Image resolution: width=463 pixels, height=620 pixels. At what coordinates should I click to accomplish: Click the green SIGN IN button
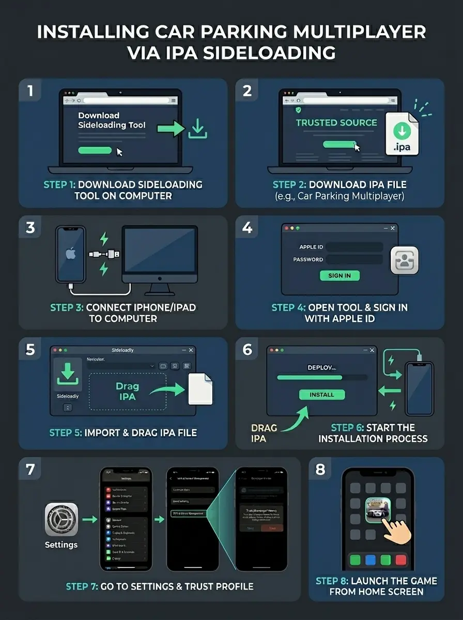coord(339,275)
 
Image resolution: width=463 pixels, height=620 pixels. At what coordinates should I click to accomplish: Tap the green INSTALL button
coord(322,395)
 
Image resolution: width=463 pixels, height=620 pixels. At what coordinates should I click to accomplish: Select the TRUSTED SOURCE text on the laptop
coord(336,122)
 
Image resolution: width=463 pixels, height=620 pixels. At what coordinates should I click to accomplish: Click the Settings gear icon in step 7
coord(61,519)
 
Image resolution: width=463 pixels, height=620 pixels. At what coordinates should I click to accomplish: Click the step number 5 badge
coord(30,350)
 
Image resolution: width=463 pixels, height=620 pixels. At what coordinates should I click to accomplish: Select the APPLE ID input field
coord(354,247)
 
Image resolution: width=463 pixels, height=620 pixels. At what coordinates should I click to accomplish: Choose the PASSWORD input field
coord(354,259)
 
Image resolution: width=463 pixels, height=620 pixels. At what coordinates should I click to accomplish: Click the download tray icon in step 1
coord(198,129)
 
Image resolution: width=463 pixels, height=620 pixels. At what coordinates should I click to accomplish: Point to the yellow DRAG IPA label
coord(264,433)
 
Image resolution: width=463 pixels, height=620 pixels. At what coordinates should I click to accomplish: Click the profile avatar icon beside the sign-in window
coord(405,260)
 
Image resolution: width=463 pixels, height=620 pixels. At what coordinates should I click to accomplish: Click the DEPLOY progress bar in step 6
coord(322,378)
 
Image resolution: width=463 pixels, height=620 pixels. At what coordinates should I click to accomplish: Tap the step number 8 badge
coord(320,469)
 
